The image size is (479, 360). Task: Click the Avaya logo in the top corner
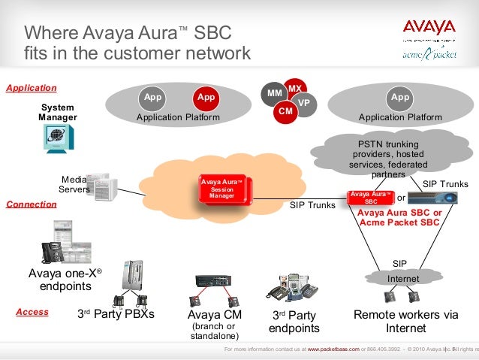click(x=429, y=29)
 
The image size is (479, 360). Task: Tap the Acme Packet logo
click(x=429, y=53)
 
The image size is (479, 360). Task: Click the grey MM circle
click(x=274, y=93)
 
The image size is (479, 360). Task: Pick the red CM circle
click(x=285, y=111)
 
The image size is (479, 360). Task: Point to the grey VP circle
click(x=303, y=102)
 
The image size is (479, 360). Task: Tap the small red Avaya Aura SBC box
click(x=371, y=198)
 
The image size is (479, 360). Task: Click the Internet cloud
click(x=403, y=279)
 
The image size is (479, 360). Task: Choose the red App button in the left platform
click(x=205, y=98)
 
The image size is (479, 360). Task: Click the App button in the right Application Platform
click(x=400, y=98)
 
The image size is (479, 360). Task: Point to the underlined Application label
click(x=32, y=87)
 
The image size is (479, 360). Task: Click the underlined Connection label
click(x=32, y=204)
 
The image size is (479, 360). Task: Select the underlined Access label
click(x=32, y=312)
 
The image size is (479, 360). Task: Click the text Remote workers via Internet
click(x=406, y=322)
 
